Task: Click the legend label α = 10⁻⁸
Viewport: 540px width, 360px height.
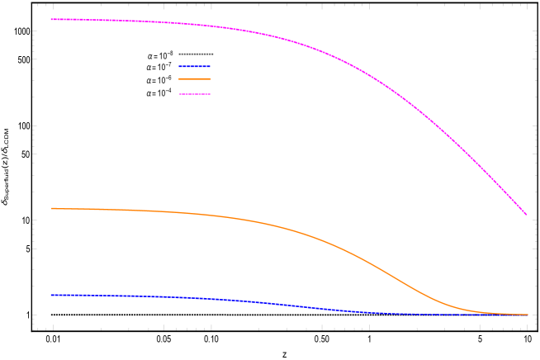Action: click(x=159, y=55)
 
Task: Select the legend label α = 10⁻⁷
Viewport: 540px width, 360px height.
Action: click(x=159, y=67)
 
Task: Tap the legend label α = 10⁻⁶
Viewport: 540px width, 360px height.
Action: click(x=159, y=80)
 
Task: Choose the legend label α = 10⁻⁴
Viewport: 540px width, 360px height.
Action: click(x=159, y=93)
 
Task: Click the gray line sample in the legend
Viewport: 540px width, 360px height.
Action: click(x=196, y=54)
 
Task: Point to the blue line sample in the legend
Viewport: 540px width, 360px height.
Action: click(x=195, y=67)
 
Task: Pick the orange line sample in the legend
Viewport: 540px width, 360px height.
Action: click(x=195, y=79)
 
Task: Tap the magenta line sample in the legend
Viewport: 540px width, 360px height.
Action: click(x=195, y=94)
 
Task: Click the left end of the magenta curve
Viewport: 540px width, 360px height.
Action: click(x=51, y=19)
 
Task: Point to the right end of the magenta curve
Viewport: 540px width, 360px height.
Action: click(x=526, y=215)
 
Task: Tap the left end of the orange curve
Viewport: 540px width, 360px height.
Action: click(x=51, y=208)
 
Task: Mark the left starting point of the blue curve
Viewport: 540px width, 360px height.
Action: click(x=51, y=295)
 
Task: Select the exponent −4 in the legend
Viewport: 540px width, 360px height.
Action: click(x=169, y=91)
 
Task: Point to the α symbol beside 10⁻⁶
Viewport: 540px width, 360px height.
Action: click(x=149, y=81)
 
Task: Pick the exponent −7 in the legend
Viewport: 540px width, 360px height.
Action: click(x=169, y=64)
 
